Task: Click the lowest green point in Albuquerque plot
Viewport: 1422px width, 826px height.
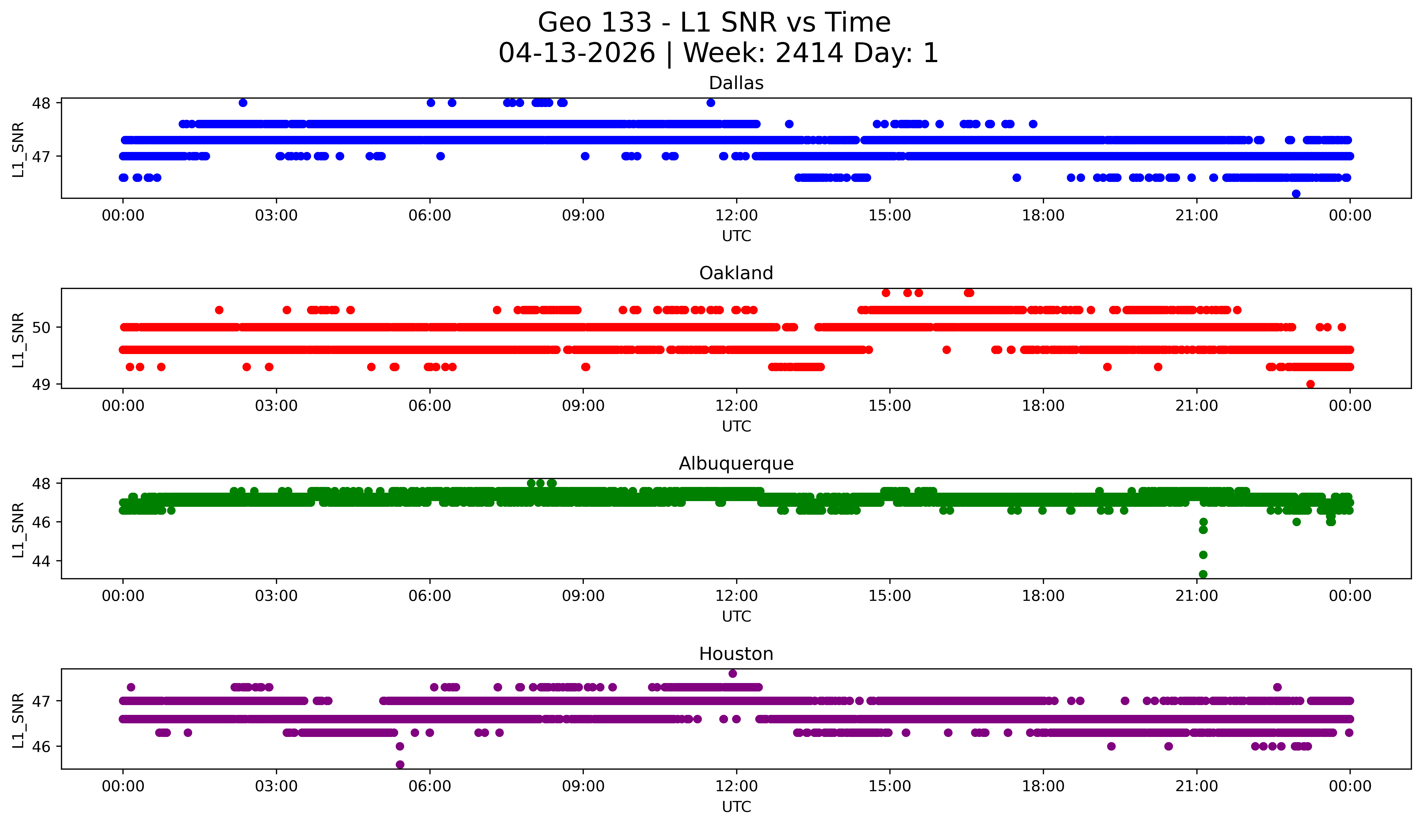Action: tap(1203, 574)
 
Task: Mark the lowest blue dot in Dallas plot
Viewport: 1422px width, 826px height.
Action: tap(1296, 194)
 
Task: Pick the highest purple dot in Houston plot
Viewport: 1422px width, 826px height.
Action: tap(732, 673)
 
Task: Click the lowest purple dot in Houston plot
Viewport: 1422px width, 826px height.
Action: tap(400, 764)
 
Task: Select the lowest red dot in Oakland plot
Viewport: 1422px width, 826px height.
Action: tap(1310, 384)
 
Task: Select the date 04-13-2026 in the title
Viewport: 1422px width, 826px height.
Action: tap(577, 53)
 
